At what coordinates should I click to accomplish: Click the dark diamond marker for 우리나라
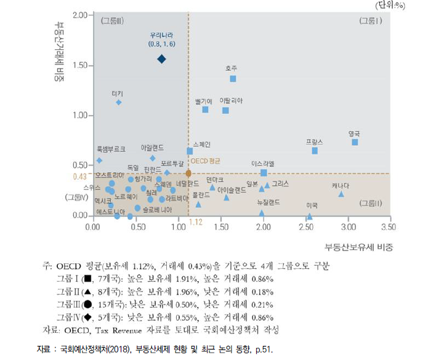tap(161, 59)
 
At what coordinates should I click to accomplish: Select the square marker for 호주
tap(233, 79)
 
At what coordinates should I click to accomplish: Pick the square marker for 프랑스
tap(315, 151)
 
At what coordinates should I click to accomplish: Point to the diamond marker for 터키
tap(118, 102)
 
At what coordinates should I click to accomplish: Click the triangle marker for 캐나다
tap(341, 194)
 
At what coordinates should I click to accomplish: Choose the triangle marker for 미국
tap(309, 216)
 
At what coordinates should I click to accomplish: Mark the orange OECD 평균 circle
tap(188, 174)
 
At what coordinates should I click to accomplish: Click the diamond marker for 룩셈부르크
tap(99, 161)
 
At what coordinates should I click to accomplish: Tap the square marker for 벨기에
tap(205, 110)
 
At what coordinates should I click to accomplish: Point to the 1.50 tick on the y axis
tap(81, 66)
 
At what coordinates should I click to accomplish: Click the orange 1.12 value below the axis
tap(196, 221)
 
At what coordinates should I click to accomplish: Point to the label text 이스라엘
tap(263, 164)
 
